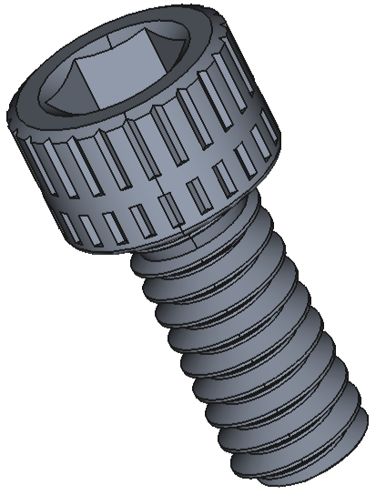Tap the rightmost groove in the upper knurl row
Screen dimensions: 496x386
coord(269,118)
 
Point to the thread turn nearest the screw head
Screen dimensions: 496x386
coord(209,259)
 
